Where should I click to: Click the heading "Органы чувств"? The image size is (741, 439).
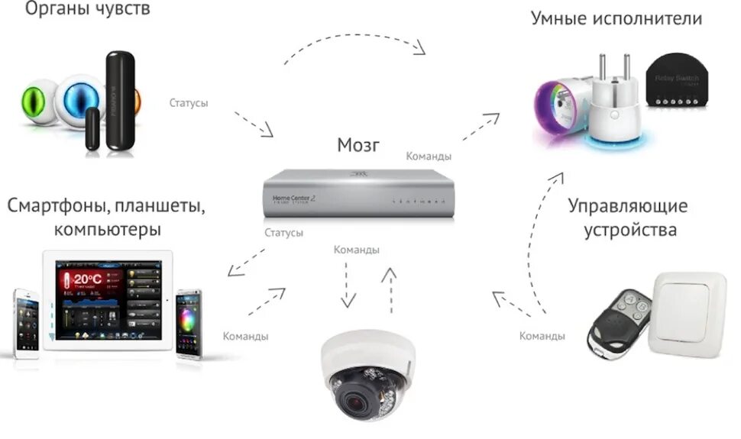click(89, 10)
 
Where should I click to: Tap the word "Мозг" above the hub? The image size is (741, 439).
click(360, 145)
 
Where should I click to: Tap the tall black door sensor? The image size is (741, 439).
click(119, 98)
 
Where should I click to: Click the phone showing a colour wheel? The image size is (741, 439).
click(189, 324)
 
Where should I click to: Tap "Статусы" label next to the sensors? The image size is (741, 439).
click(189, 102)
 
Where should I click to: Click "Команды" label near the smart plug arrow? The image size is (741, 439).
click(429, 156)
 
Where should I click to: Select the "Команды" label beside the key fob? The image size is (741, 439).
click(542, 335)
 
